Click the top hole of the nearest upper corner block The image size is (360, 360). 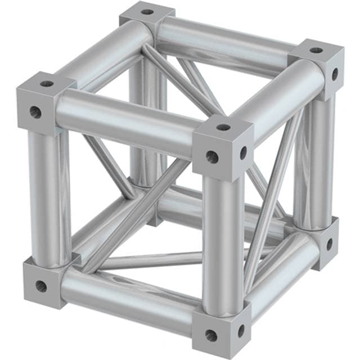point(223,127)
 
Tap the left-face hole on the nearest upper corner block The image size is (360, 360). point(212,156)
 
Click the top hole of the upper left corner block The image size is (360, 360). point(46,84)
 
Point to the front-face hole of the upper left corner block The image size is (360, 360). point(35,111)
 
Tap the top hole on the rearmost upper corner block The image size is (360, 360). point(147,11)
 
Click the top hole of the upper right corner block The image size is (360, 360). point(316,50)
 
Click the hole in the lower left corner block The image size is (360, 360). point(40,286)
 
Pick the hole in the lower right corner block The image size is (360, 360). point(330,244)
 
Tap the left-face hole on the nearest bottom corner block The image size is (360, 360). point(211,335)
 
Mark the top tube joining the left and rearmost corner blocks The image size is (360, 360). point(101,51)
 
